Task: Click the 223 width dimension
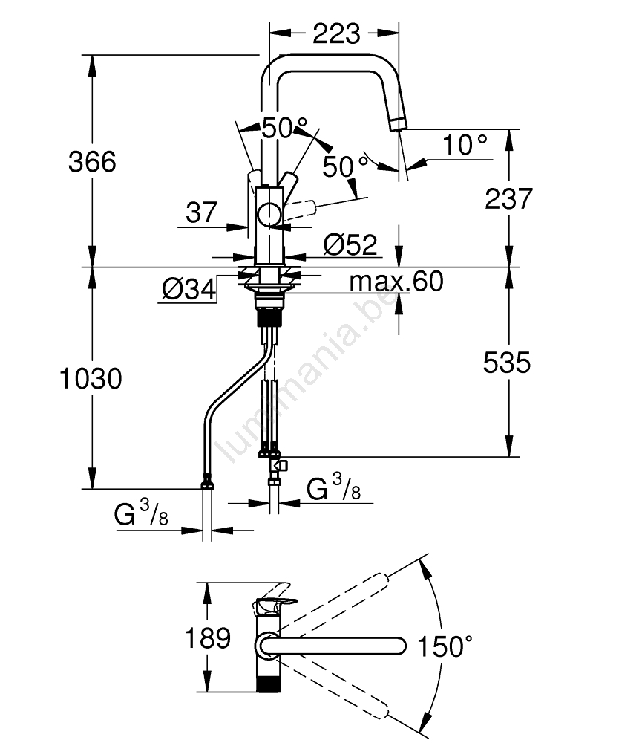coord(335,33)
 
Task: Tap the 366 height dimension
coord(92,161)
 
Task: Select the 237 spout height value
coord(508,198)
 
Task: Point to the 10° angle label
coord(465,145)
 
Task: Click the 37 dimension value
coord(201,213)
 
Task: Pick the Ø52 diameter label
coord(350,244)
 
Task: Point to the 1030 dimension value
coord(91,379)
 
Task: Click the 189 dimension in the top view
coord(208,638)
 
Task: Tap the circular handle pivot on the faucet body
coord(269,215)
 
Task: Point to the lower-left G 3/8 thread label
coord(142,515)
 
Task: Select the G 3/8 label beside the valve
coord(335,488)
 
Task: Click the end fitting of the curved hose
coord(207,486)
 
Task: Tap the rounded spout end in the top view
coord(399,645)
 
